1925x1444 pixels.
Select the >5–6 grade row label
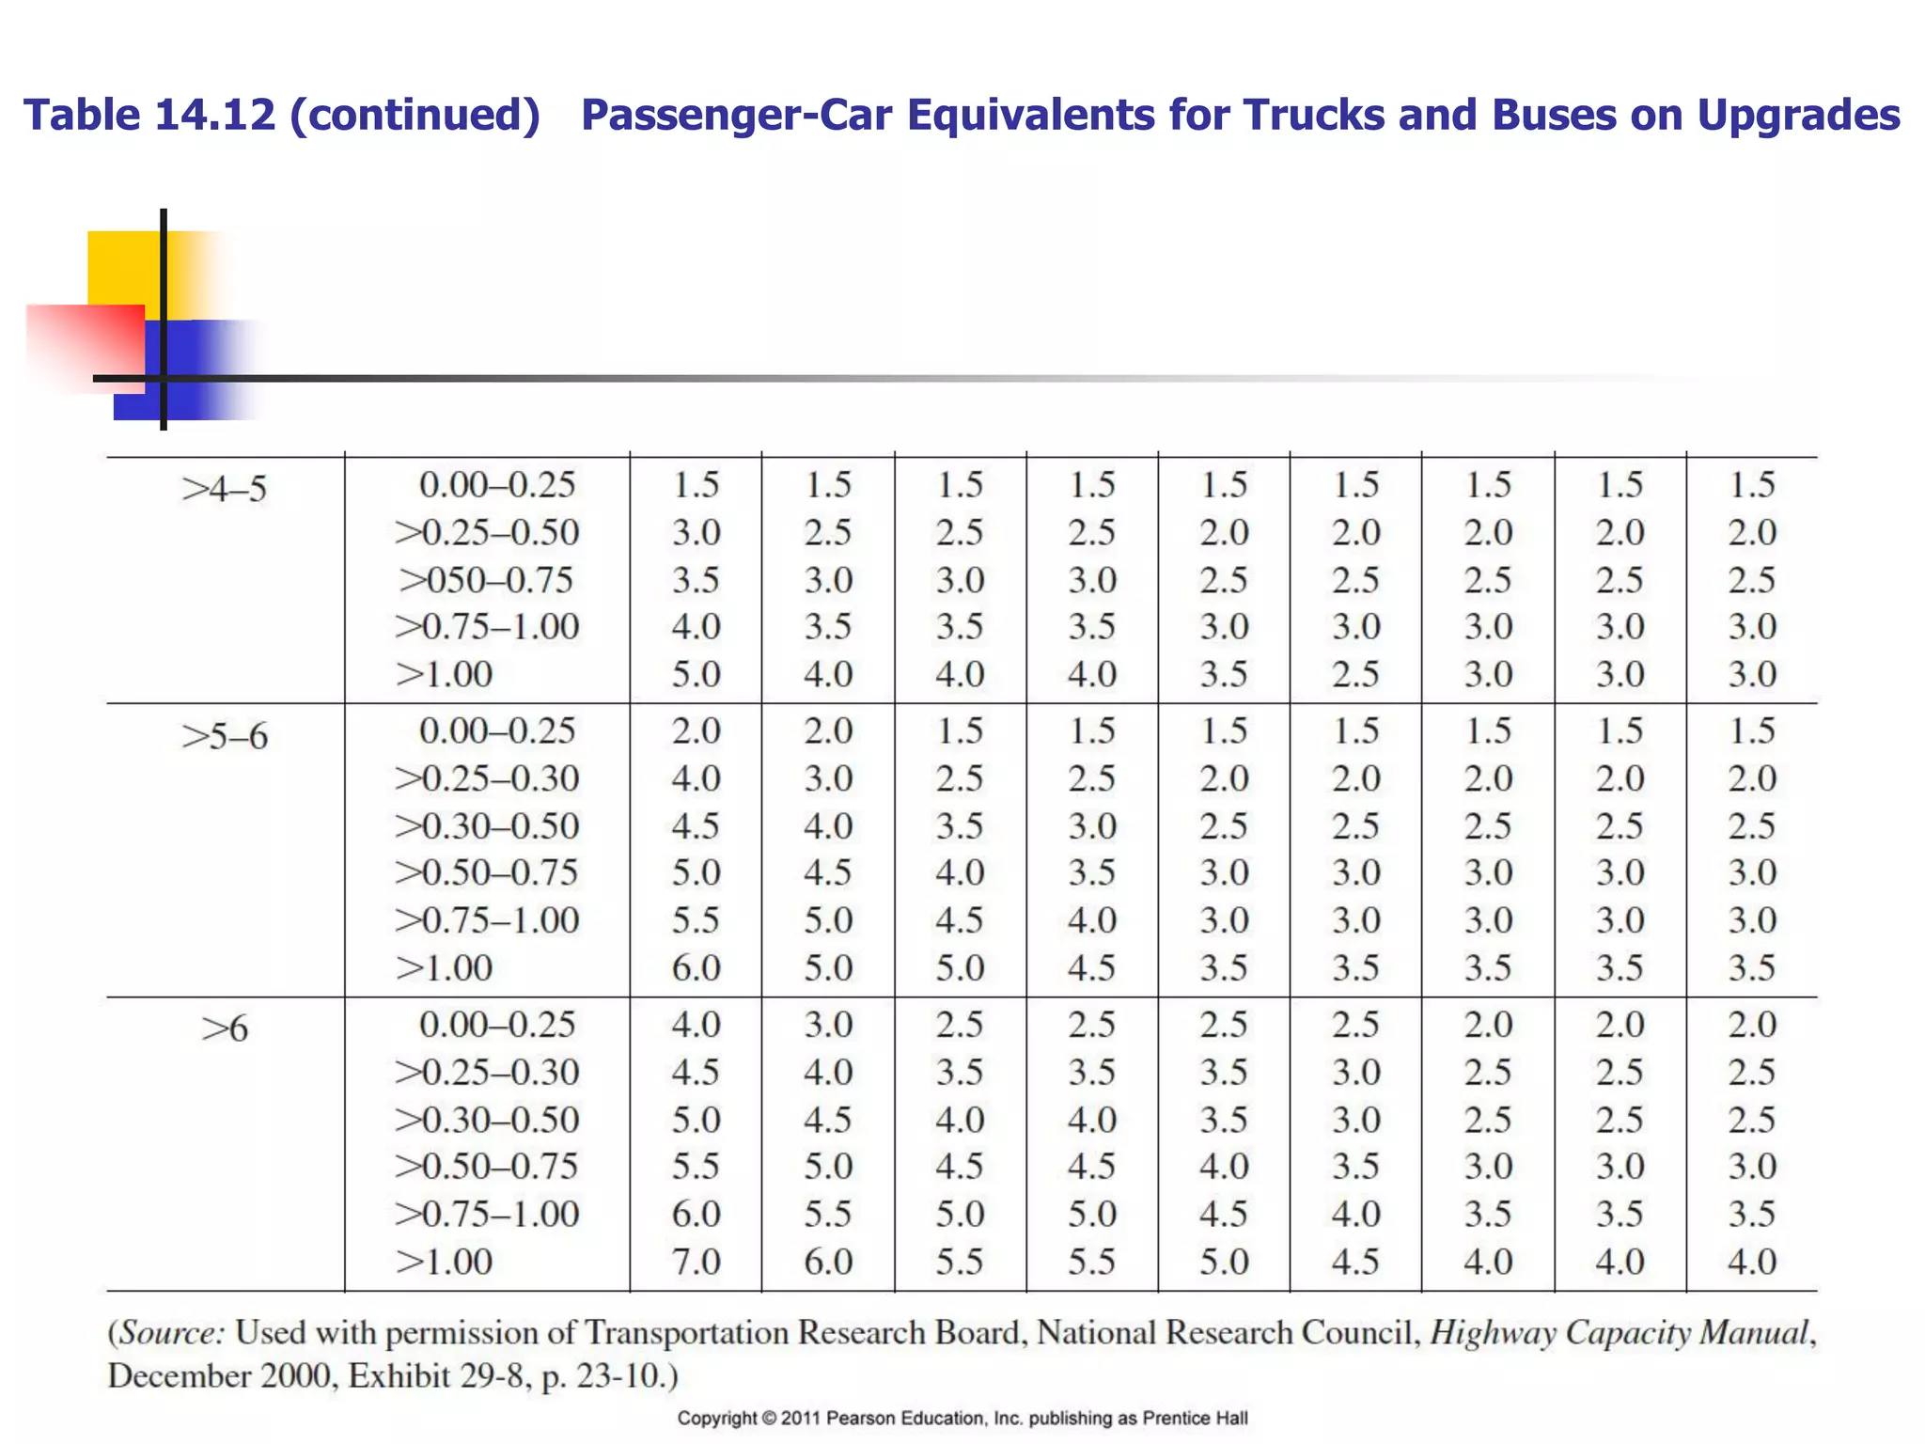coord(224,736)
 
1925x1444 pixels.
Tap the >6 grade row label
coord(224,1029)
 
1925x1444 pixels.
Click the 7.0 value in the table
coord(696,1262)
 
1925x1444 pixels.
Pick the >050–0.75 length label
coord(485,580)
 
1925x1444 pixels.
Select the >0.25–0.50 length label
coord(486,533)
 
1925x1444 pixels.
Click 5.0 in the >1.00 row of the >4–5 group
coord(696,675)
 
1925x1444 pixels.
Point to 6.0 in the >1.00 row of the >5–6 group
coord(696,968)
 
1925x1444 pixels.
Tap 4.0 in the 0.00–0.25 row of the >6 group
coord(696,1025)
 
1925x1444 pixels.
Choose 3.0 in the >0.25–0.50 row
coord(696,533)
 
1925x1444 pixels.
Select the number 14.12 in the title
coord(215,116)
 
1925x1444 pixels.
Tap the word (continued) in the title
coord(415,116)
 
